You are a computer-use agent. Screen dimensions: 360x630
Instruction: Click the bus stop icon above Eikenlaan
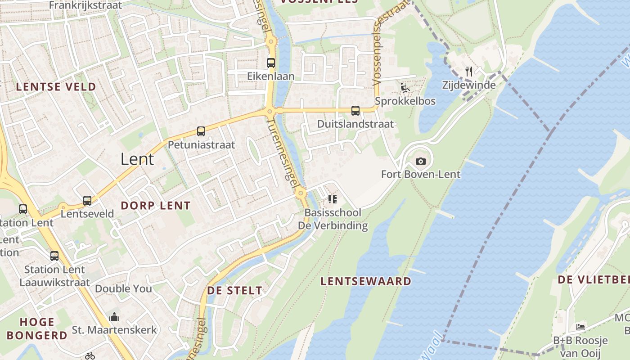coord(271,63)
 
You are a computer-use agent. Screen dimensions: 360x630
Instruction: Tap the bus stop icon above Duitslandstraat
coord(355,110)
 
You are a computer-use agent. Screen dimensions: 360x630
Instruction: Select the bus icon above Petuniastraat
coord(201,131)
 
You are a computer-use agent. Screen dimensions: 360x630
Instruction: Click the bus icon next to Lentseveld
coord(87,200)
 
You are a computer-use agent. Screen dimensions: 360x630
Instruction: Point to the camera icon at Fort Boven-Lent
coord(420,161)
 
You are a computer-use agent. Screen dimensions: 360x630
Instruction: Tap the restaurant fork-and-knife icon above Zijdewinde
coord(469,71)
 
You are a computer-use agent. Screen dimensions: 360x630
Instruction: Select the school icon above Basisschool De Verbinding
coord(333,199)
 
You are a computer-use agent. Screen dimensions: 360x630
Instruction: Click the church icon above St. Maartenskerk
coord(114,316)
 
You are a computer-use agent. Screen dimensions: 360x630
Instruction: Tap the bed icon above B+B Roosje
coord(580,327)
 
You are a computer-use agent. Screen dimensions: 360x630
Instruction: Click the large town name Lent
coord(137,159)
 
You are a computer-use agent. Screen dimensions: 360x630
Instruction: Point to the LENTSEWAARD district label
coord(365,281)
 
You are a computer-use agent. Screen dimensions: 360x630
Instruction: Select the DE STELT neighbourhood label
coord(234,291)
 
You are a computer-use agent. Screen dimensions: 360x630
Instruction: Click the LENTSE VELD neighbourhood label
coord(56,87)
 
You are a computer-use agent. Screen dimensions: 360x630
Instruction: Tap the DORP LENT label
coord(156,206)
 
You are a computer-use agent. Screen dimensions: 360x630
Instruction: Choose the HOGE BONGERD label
coord(37,328)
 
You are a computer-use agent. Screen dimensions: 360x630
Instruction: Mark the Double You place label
coord(123,288)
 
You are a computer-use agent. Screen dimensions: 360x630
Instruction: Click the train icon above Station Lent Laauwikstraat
coord(54,256)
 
